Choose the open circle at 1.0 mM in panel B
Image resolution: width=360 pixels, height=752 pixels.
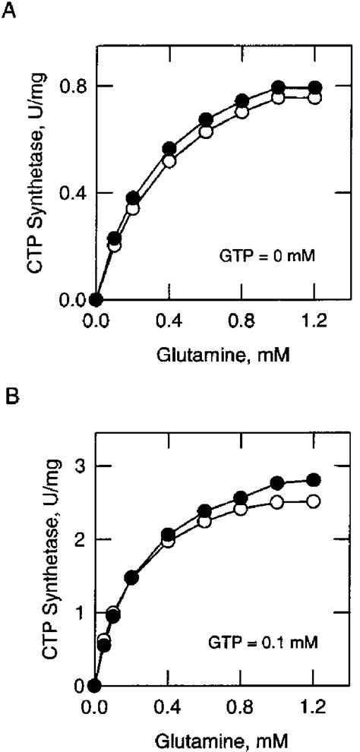point(277,502)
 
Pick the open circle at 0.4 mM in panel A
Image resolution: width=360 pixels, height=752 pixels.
point(169,161)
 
